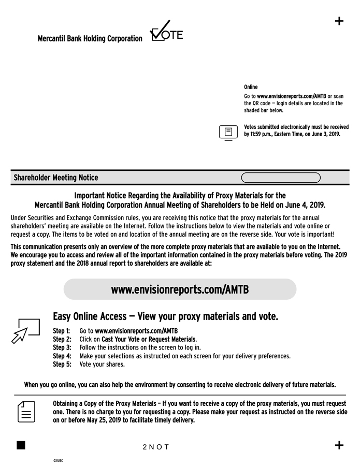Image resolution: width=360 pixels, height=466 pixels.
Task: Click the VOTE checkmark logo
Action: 166,32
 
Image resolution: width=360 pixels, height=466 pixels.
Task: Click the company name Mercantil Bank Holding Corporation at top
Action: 90,39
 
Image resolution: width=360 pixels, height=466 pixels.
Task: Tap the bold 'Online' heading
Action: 251,87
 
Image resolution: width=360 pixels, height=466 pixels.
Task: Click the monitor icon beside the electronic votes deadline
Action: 227,133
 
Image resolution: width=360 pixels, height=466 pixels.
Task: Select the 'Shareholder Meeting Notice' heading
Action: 56,178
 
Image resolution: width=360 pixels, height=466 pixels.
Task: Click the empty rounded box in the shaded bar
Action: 281,178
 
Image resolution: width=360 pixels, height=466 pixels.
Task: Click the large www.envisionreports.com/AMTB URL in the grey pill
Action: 180,289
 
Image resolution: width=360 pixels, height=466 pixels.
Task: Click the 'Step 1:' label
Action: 62,331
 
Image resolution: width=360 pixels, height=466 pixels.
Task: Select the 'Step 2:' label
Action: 62,339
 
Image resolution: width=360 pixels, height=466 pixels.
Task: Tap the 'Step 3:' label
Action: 62,347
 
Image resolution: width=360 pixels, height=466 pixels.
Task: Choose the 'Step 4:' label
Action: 62,356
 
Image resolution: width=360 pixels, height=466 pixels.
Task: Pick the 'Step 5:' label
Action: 62,364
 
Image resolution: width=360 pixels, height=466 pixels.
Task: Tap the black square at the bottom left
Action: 21,445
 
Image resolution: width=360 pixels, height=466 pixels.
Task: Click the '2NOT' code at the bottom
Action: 156,447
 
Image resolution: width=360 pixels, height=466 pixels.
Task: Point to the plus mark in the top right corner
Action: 339,21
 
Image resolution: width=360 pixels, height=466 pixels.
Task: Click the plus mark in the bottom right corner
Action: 339,445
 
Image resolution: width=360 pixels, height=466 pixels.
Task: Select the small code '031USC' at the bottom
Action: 57,460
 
